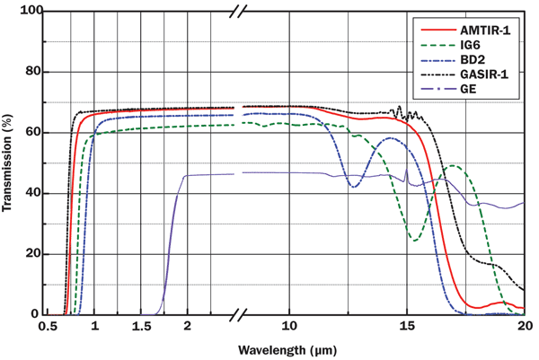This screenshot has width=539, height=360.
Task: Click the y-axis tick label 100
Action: pos(31,11)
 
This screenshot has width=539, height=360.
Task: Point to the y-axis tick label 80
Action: pos(34,72)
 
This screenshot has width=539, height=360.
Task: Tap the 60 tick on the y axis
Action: pos(34,133)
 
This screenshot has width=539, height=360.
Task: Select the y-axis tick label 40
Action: pos(34,193)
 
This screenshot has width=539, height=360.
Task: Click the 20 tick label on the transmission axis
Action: pos(34,254)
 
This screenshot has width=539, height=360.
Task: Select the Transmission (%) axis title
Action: pos(10,162)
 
